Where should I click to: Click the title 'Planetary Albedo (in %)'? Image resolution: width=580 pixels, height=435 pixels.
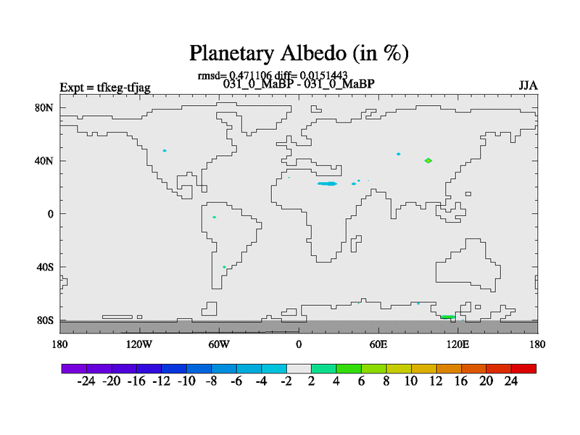299,53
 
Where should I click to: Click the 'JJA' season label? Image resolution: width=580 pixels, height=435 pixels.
528,86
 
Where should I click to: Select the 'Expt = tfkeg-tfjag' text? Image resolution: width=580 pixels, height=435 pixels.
105,88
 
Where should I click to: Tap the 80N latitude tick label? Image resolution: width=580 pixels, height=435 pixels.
44,107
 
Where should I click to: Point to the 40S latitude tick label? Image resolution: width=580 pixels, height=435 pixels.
45,267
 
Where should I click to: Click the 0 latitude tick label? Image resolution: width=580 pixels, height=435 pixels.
50,214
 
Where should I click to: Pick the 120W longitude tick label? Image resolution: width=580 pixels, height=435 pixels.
139,345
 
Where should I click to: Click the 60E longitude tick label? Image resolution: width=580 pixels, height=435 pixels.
378,345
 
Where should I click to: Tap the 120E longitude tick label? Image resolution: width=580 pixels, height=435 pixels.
458,345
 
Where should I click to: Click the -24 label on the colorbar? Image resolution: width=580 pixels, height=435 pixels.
86,381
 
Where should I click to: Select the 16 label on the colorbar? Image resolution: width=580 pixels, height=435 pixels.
461,381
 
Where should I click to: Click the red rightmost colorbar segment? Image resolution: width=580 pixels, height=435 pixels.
523,369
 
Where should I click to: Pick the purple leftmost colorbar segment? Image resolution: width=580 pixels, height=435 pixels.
74,369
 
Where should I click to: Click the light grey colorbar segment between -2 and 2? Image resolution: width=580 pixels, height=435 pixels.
299,369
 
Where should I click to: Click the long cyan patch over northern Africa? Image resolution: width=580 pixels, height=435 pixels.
328,183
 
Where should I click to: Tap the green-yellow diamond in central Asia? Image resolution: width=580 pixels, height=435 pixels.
428,160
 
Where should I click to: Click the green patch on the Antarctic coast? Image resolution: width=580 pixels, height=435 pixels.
447,317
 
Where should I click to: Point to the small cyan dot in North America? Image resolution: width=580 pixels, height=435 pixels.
165,151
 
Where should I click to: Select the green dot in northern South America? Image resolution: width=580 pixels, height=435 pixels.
214,217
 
